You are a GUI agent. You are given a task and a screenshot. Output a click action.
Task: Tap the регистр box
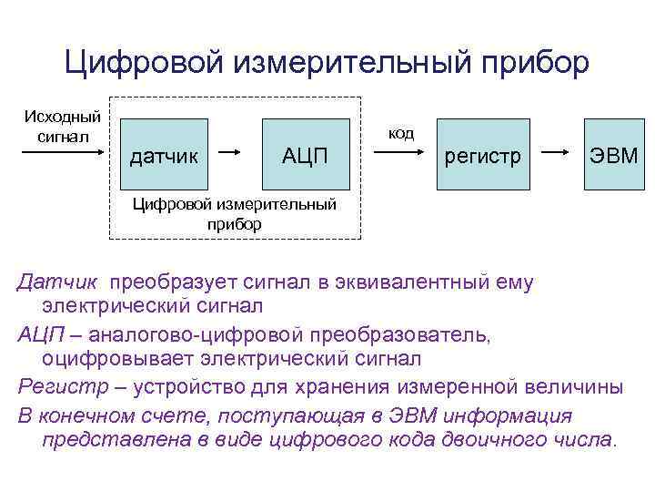click(482, 154)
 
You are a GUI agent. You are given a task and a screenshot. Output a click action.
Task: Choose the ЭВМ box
click(612, 154)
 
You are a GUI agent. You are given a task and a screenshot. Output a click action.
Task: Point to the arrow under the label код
click(400, 154)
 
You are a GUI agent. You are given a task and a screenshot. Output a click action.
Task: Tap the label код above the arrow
click(401, 133)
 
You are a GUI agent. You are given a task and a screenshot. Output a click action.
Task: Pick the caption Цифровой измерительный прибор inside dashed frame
click(235, 213)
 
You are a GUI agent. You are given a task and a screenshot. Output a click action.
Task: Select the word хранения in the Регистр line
click(341, 386)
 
